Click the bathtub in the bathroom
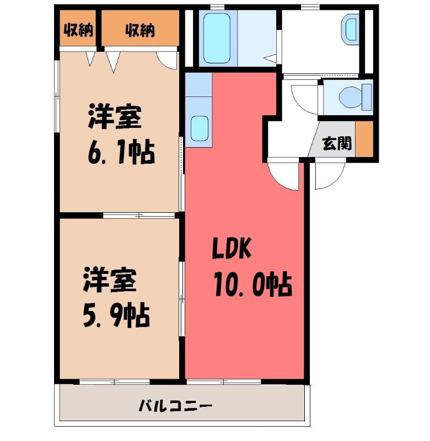point(217,38)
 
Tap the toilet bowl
point(351,97)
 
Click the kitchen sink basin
point(200,128)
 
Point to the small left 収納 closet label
point(78,30)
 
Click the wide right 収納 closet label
point(140,30)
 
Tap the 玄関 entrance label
point(337,143)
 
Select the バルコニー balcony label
point(175,406)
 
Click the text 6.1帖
point(121,153)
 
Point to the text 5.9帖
point(116,315)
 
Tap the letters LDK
point(231,249)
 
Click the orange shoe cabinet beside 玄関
point(364,139)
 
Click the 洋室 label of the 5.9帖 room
point(110,281)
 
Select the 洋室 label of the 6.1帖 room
point(115,117)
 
